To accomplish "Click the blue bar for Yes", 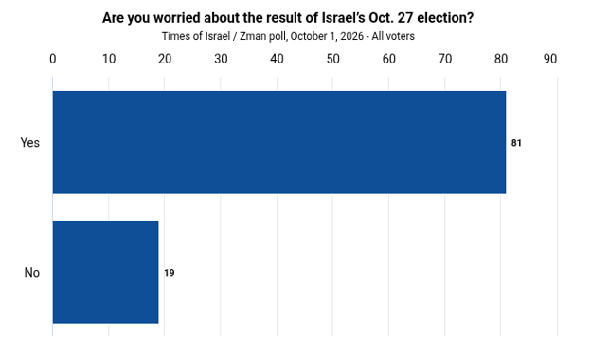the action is (278, 142).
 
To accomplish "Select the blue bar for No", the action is (105, 272).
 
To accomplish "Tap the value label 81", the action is (516, 143).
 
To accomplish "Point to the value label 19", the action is (170, 273).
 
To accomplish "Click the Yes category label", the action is (29, 142).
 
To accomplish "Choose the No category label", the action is (32, 272).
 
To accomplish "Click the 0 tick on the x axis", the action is (53, 59).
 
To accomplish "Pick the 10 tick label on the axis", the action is (109, 59).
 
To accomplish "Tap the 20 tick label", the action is (165, 59).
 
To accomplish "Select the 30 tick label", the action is (221, 59).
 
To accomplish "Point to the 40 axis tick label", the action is (277, 59).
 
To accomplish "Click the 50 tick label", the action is (332, 59).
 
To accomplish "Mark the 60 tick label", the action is (388, 59).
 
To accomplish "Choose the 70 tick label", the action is (445, 59).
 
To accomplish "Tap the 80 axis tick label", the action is (500, 59).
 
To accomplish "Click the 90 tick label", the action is (550, 59).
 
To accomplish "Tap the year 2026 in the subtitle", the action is (351, 36).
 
